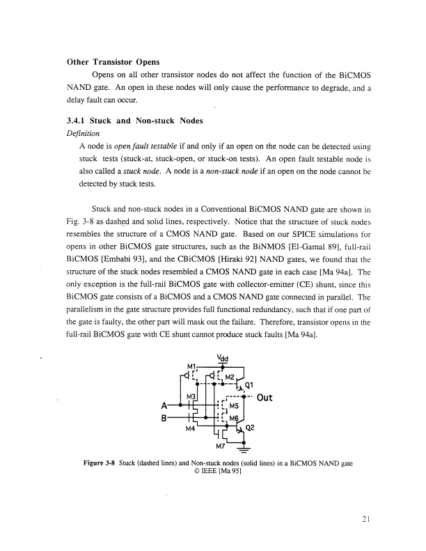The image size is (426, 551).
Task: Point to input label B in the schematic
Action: point(165,418)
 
